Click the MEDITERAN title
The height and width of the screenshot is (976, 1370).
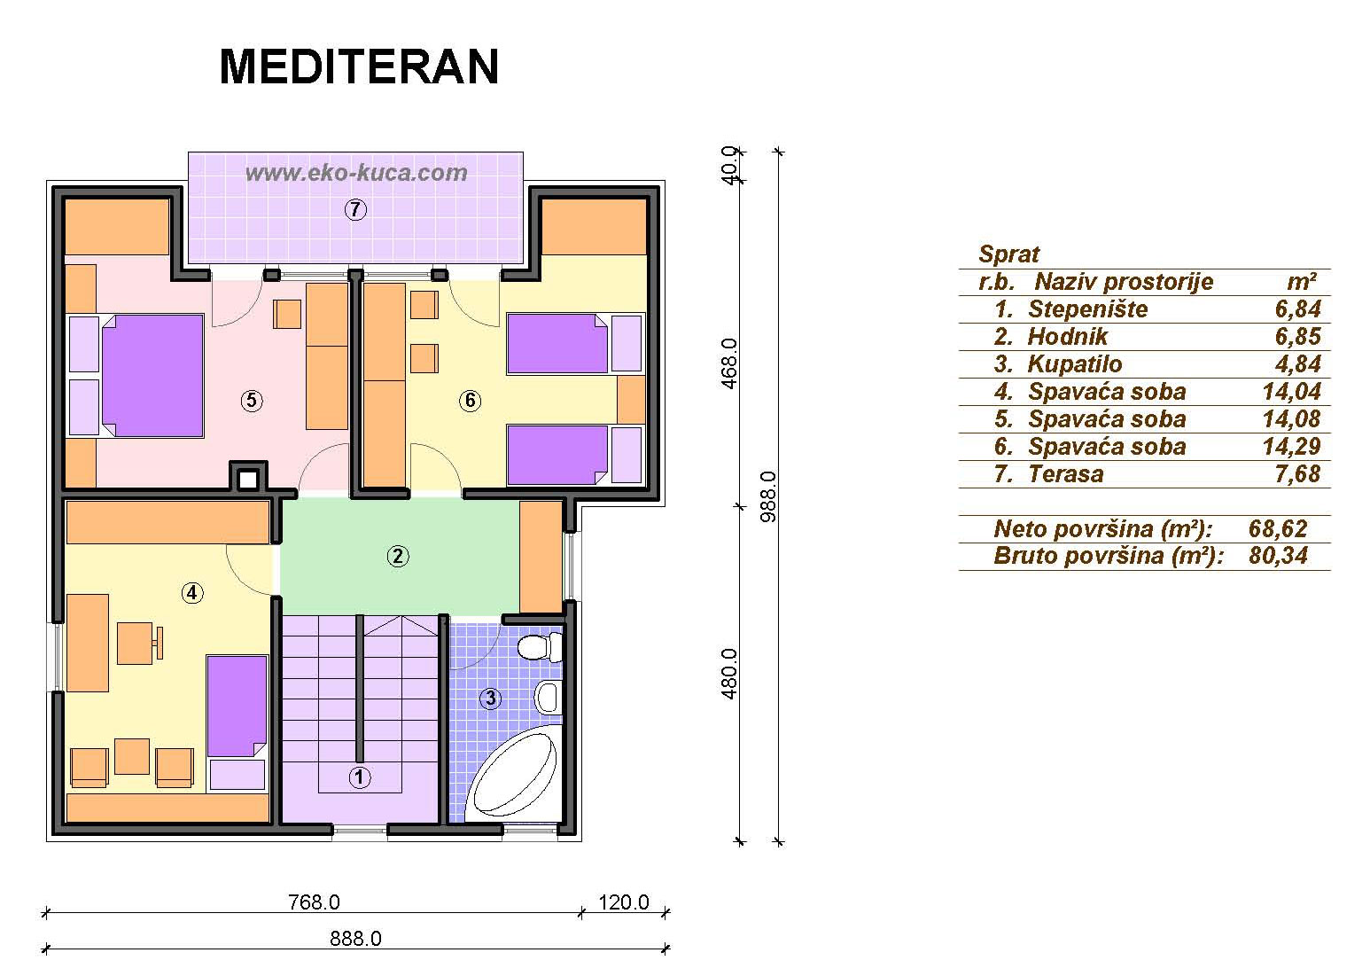tap(359, 66)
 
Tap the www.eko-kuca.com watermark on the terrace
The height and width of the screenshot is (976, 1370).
tap(356, 173)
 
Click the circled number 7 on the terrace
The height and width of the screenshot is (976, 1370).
tap(355, 210)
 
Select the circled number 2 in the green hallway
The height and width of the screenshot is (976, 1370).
tap(398, 556)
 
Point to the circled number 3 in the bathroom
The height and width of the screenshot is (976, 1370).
tap(490, 699)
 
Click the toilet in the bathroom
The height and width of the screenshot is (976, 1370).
tap(541, 647)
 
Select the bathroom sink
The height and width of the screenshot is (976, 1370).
tap(549, 697)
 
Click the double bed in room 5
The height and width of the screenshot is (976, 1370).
tap(152, 376)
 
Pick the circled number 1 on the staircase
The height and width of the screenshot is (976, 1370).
tap(360, 777)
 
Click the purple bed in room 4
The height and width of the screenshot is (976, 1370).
tap(237, 707)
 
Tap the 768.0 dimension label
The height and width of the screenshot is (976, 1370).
tap(315, 902)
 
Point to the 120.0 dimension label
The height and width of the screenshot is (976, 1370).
tap(624, 902)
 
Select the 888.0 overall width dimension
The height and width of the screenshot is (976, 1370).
tap(356, 938)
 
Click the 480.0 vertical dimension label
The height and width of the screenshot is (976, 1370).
tap(729, 675)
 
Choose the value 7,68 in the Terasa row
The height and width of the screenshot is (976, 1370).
tap(1298, 473)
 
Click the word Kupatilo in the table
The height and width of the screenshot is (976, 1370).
tap(1075, 364)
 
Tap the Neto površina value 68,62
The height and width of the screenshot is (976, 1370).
tap(1278, 528)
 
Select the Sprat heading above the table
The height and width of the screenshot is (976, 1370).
tap(1009, 254)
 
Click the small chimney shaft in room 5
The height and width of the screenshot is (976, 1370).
tap(248, 478)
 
